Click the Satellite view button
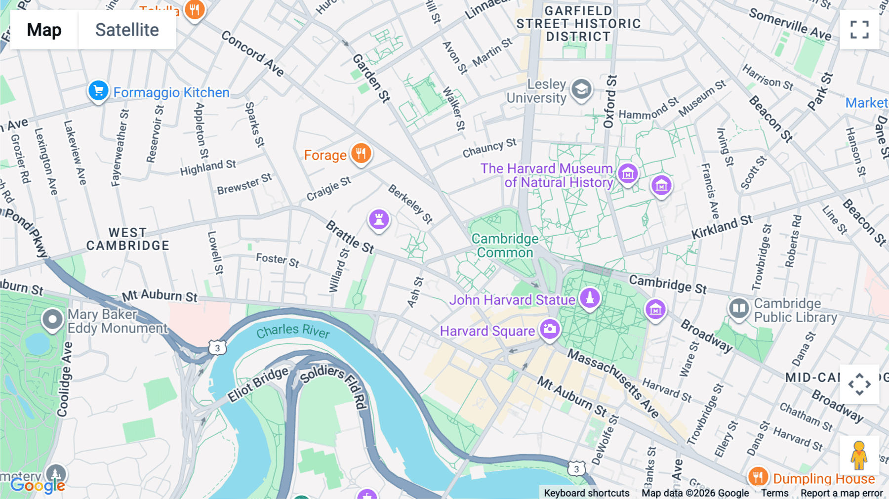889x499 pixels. click(x=127, y=30)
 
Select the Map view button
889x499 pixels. click(x=44, y=30)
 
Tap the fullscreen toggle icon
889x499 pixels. click(x=859, y=30)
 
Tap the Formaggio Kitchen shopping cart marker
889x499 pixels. click(x=98, y=91)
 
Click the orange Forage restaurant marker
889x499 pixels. click(x=361, y=154)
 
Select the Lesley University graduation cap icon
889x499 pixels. click(x=581, y=90)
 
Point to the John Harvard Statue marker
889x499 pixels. click(x=589, y=298)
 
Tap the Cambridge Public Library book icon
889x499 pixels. click(x=739, y=309)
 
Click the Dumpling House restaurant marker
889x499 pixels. click(x=758, y=477)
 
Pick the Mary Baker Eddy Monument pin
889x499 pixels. click(x=52, y=320)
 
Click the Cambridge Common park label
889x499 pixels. click(x=505, y=246)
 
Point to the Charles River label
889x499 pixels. click(x=293, y=331)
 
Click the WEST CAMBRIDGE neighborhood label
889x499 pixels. click(x=127, y=239)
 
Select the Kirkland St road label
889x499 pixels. click(x=722, y=227)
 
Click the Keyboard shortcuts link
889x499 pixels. click(x=586, y=493)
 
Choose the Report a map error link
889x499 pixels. click(x=841, y=493)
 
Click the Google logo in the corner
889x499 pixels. click(x=38, y=486)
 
